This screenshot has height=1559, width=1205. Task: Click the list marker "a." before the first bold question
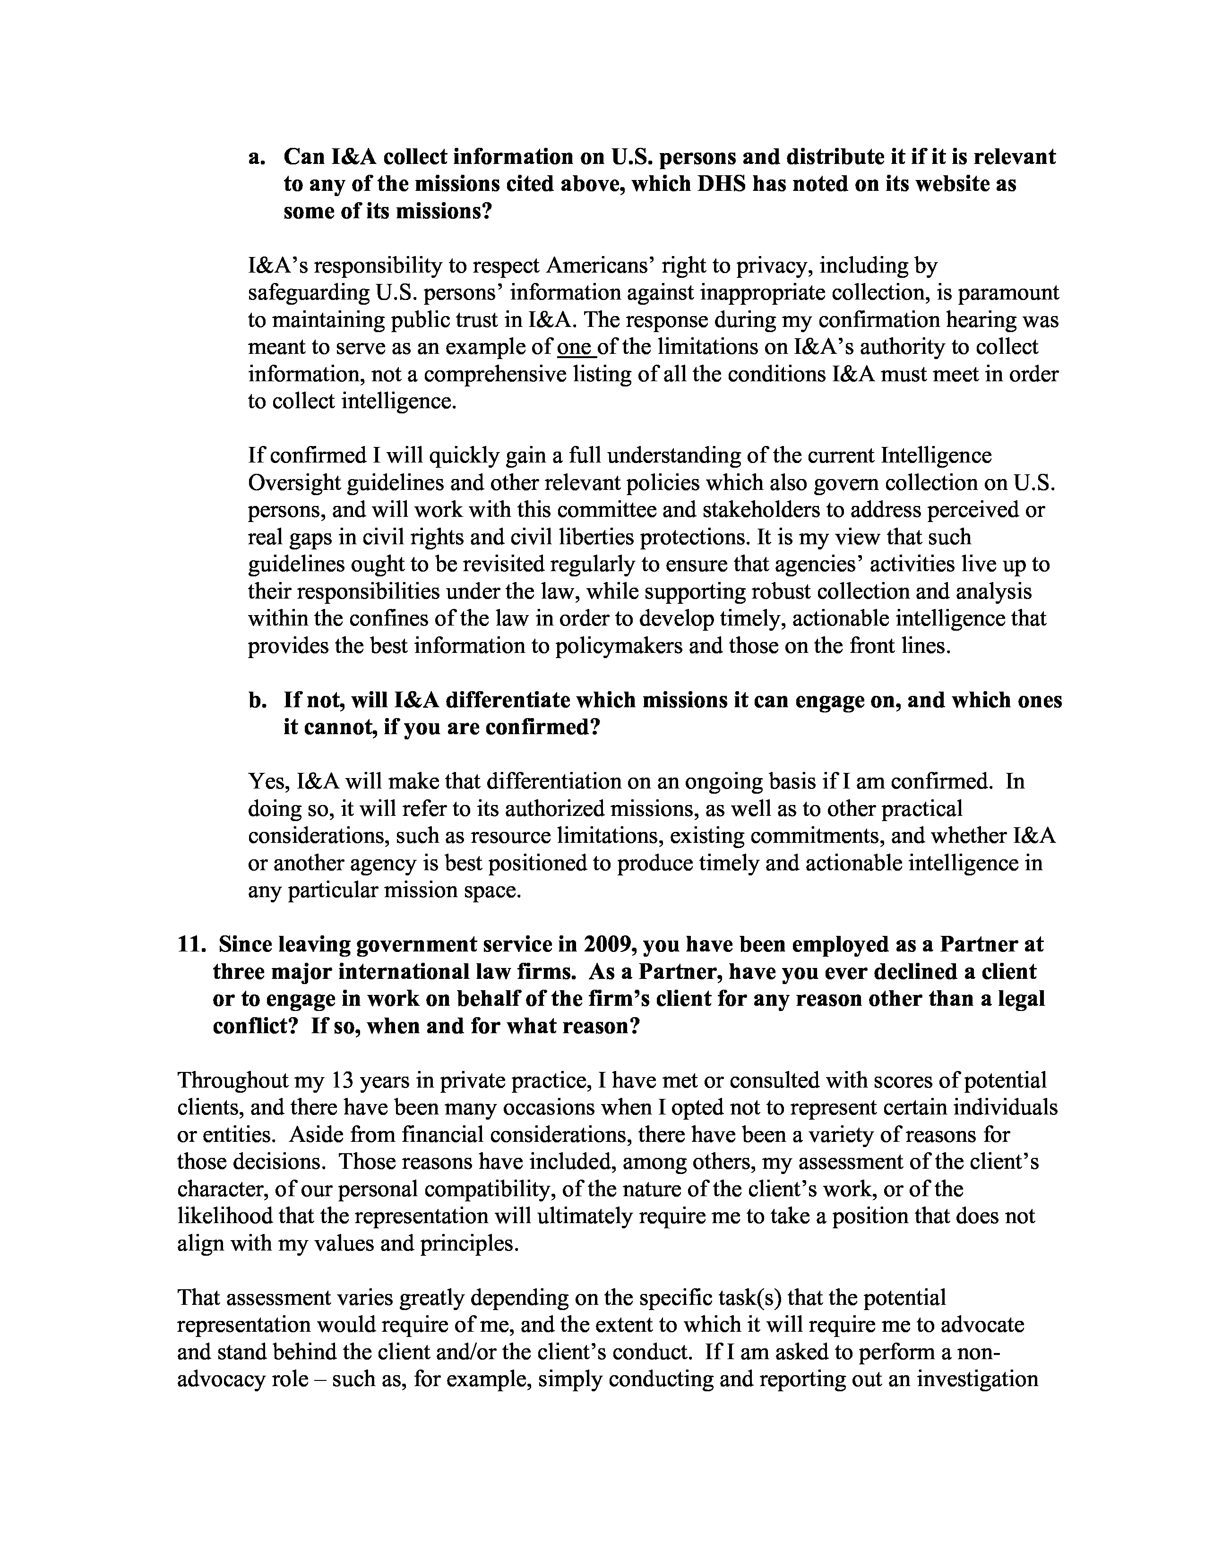point(257,157)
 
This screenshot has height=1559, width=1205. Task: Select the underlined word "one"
point(575,347)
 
